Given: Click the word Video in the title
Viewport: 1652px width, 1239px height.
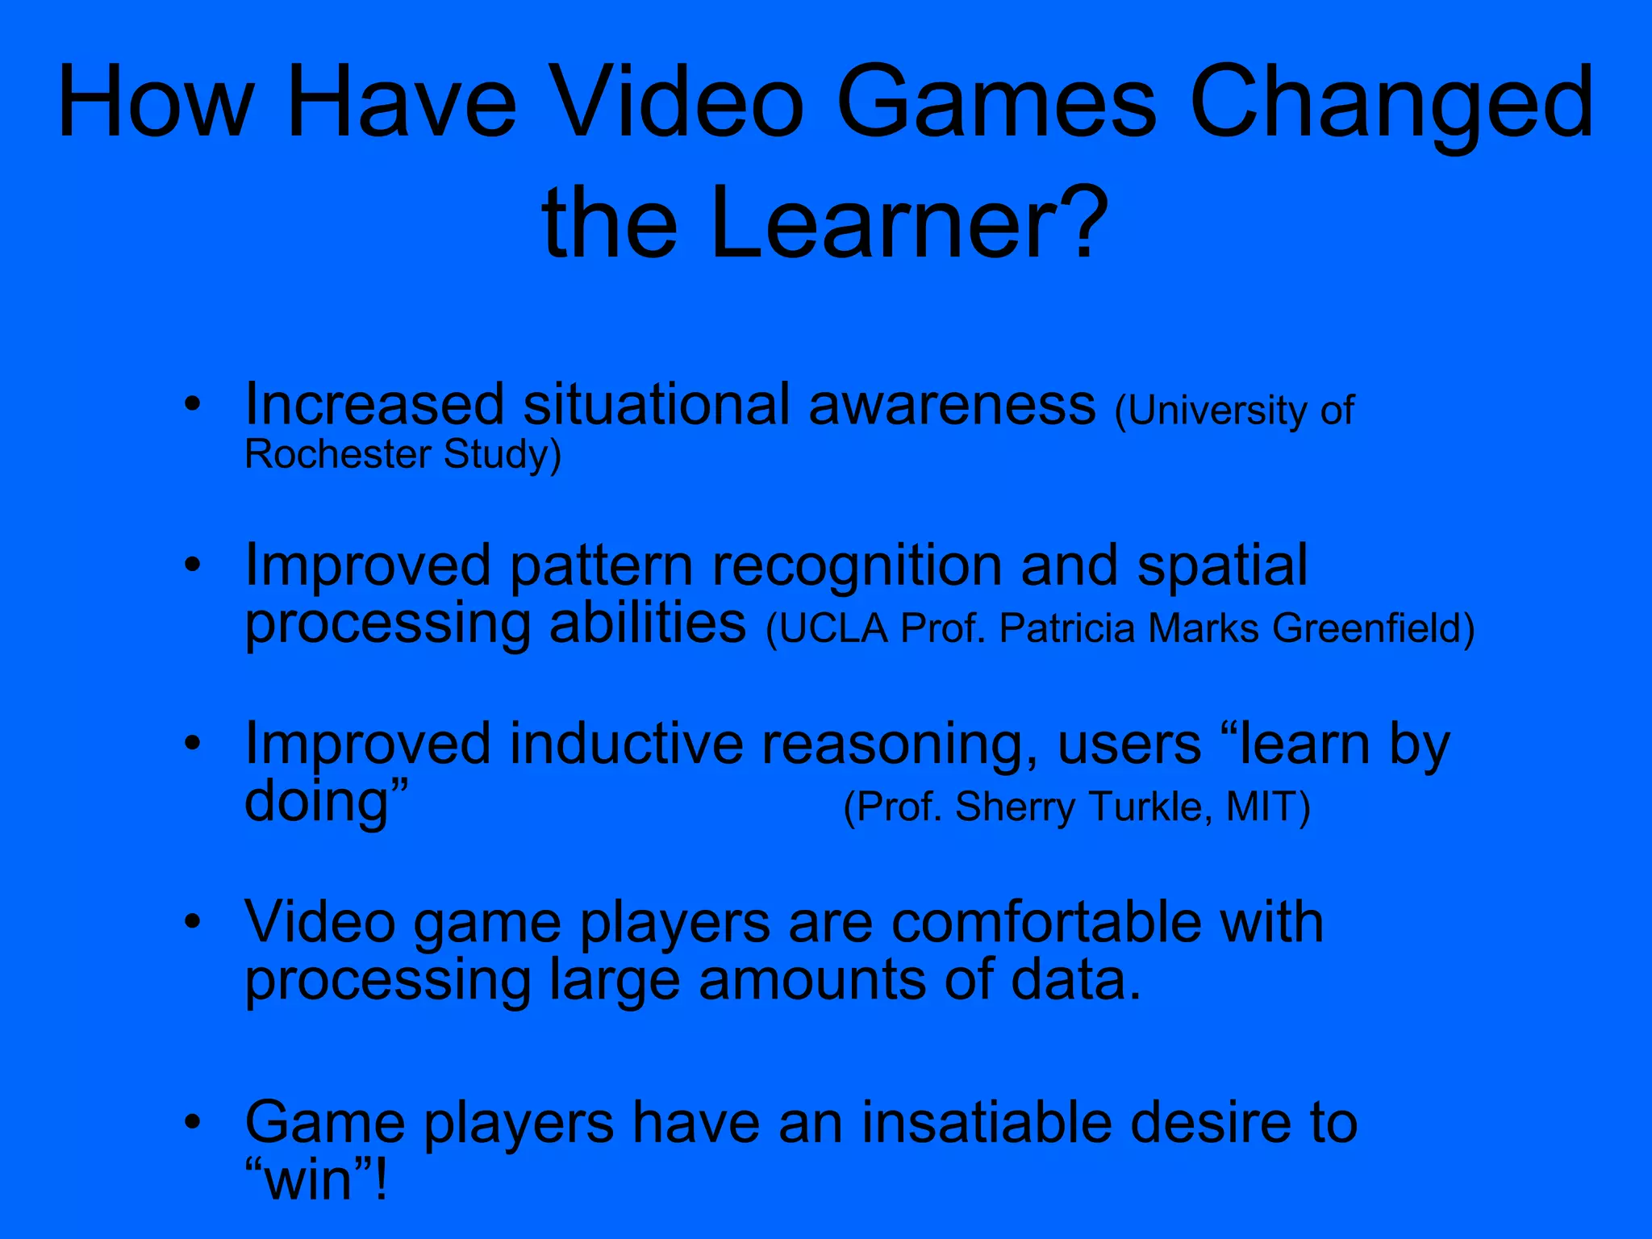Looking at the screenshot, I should click(679, 103).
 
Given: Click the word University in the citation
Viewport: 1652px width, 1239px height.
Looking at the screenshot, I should click(1216, 411).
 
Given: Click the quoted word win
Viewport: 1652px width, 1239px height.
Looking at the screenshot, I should click(310, 1180).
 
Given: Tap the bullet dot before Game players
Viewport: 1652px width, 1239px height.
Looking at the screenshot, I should click(192, 1122).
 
